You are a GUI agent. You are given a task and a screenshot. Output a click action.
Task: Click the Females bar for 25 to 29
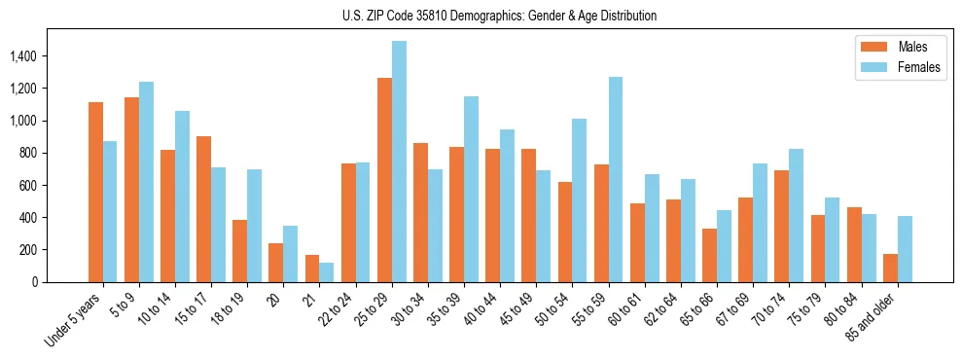tap(399, 162)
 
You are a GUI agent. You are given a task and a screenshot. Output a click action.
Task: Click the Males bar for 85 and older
tap(890, 268)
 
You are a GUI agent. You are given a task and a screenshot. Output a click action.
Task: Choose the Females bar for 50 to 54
tap(580, 200)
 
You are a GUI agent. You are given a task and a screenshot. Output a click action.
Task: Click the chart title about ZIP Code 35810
tap(499, 16)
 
